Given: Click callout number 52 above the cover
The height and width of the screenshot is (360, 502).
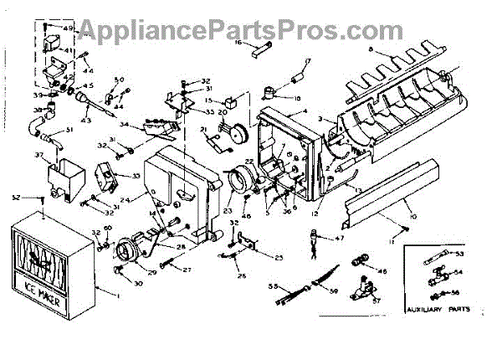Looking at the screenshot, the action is pyautogui.click(x=16, y=198).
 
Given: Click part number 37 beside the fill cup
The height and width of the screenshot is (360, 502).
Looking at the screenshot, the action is pyautogui.click(x=38, y=156).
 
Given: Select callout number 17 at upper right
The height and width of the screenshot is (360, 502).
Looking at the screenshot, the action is pyautogui.click(x=307, y=61).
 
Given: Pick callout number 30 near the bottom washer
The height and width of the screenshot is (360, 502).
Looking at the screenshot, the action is pyautogui.click(x=138, y=283).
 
